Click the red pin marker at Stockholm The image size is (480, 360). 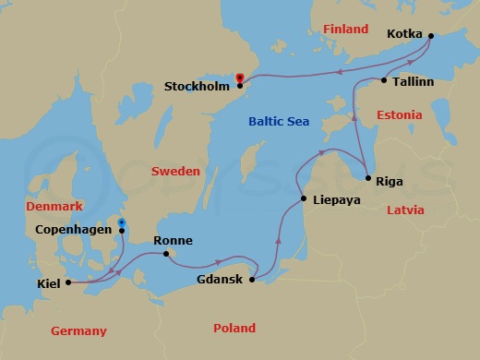click(240, 79)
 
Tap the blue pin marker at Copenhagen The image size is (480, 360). click(121, 223)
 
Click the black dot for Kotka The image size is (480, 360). click(430, 37)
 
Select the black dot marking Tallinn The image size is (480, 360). click(384, 81)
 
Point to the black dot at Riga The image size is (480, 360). click(367, 179)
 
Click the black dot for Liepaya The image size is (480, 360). click(304, 199)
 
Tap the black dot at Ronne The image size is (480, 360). click(164, 254)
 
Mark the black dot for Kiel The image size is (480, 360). click(69, 283)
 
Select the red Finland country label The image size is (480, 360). click(345, 30)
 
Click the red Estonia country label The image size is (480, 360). click(399, 115)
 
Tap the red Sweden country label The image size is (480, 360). click(175, 172)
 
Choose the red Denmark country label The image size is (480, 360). click(54, 206)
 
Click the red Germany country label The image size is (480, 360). click(78, 330)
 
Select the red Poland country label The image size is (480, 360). click(234, 328)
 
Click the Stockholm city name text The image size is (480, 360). click(197, 88)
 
